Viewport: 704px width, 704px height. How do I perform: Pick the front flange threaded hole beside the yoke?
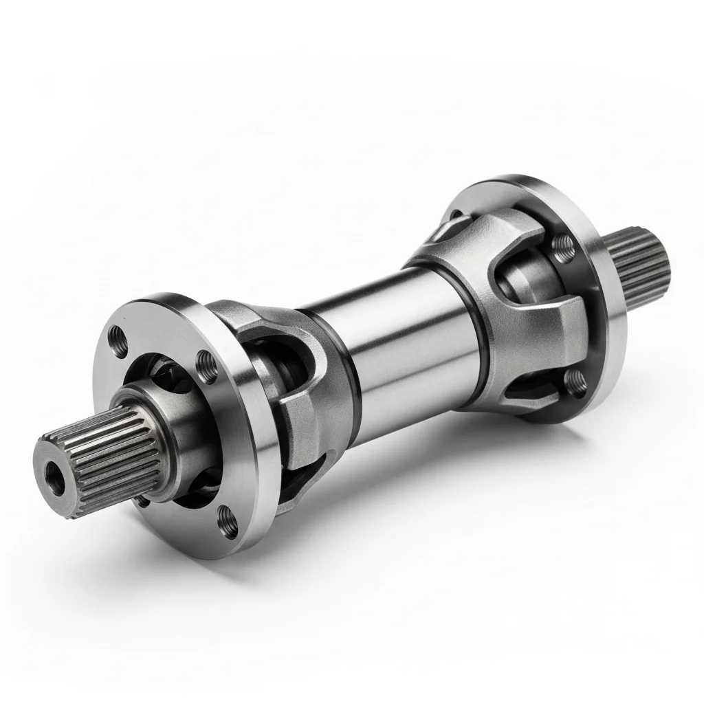tap(204, 361)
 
